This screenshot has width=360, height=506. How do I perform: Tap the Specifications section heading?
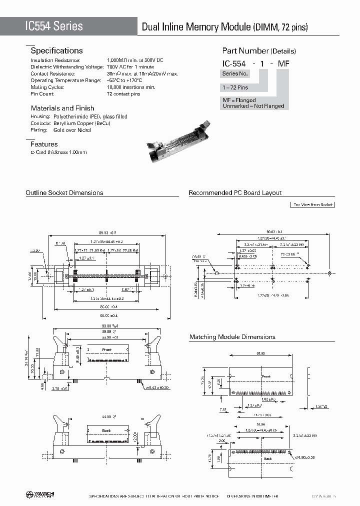(56, 50)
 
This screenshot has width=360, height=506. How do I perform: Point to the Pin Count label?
(42, 94)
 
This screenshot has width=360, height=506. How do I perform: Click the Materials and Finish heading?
(62, 108)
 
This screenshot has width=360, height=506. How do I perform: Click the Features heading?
(44, 144)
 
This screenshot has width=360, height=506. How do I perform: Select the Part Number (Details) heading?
(259, 51)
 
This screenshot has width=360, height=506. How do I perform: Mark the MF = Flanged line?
(239, 100)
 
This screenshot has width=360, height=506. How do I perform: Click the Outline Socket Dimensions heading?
(64, 192)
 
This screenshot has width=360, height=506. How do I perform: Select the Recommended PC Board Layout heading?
(235, 192)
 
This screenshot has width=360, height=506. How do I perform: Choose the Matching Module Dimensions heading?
(232, 337)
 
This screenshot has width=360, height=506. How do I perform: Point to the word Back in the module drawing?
(268, 458)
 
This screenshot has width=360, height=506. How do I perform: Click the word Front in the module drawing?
(266, 376)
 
